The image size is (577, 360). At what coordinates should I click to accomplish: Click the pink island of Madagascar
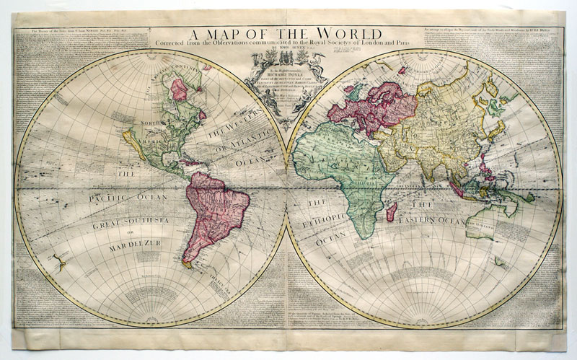point(391,211)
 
